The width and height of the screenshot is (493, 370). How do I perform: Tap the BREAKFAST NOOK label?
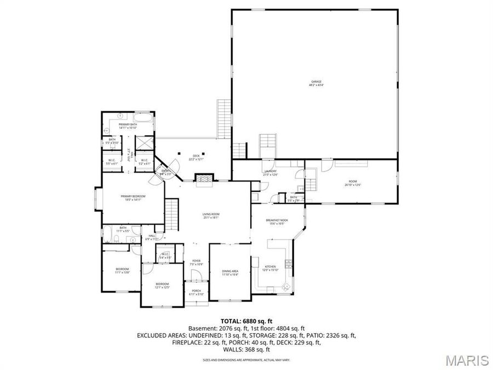pos(277,221)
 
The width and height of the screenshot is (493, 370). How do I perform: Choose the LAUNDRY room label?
pos(271,173)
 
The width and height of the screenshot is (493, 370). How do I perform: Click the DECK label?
pos(196,157)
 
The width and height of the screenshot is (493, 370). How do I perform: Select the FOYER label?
pos(196,262)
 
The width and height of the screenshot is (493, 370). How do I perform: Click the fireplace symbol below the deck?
pos(204,179)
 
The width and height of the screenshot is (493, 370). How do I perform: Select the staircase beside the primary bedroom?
pos(173,211)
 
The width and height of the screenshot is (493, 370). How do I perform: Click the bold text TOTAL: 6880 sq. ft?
pos(246,321)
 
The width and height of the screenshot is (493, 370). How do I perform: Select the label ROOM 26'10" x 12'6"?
pos(353,183)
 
